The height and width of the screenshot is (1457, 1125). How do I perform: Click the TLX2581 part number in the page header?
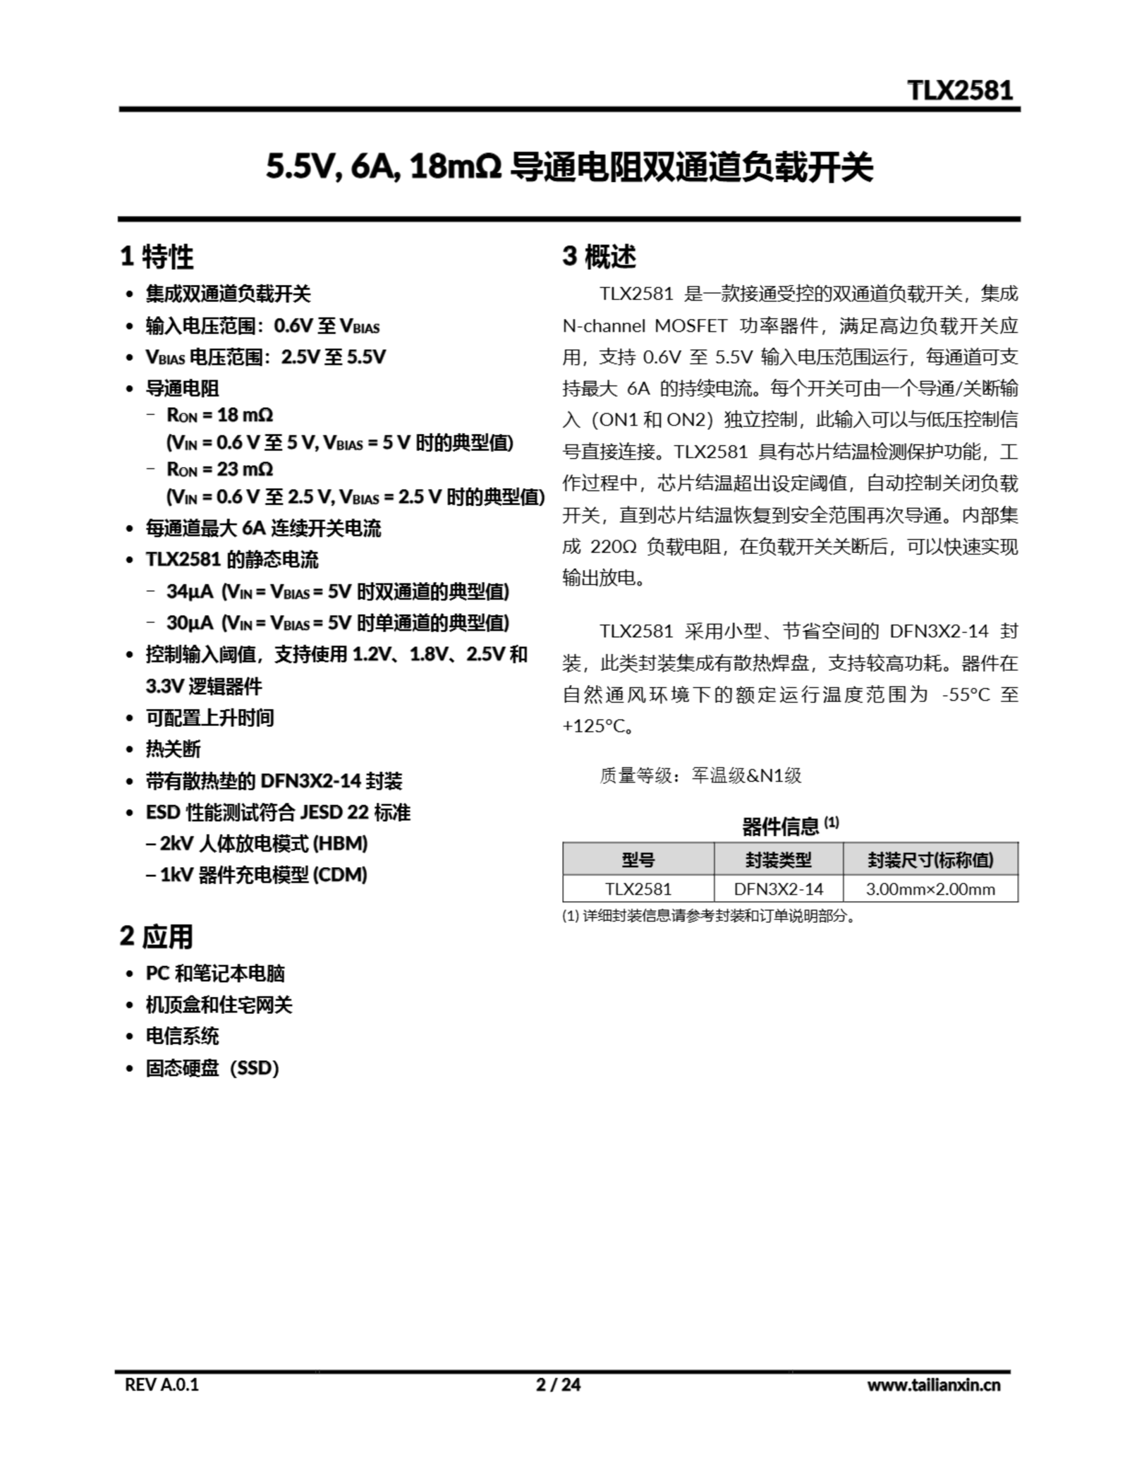point(959,90)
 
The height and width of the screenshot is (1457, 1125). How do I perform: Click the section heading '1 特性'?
point(157,257)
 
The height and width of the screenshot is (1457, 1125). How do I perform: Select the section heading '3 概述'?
point(599,257)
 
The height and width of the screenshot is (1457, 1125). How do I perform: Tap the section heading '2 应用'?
point(156,937)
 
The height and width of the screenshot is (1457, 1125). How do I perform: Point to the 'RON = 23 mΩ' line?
point(220,470)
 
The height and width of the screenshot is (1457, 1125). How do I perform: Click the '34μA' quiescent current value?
point(189,592)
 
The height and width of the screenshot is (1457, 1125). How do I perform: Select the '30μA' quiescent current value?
point(189,623)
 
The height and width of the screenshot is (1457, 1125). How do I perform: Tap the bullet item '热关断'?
point(173,749)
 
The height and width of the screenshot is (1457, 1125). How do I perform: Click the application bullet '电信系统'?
point(182,1036)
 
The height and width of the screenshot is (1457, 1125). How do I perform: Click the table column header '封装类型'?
point(778,860)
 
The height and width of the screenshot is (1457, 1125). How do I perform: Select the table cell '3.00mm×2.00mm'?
point(930,889)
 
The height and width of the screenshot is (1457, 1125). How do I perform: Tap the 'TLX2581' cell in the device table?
point(638,889)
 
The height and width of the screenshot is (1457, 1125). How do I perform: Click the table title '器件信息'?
point(780,827)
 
